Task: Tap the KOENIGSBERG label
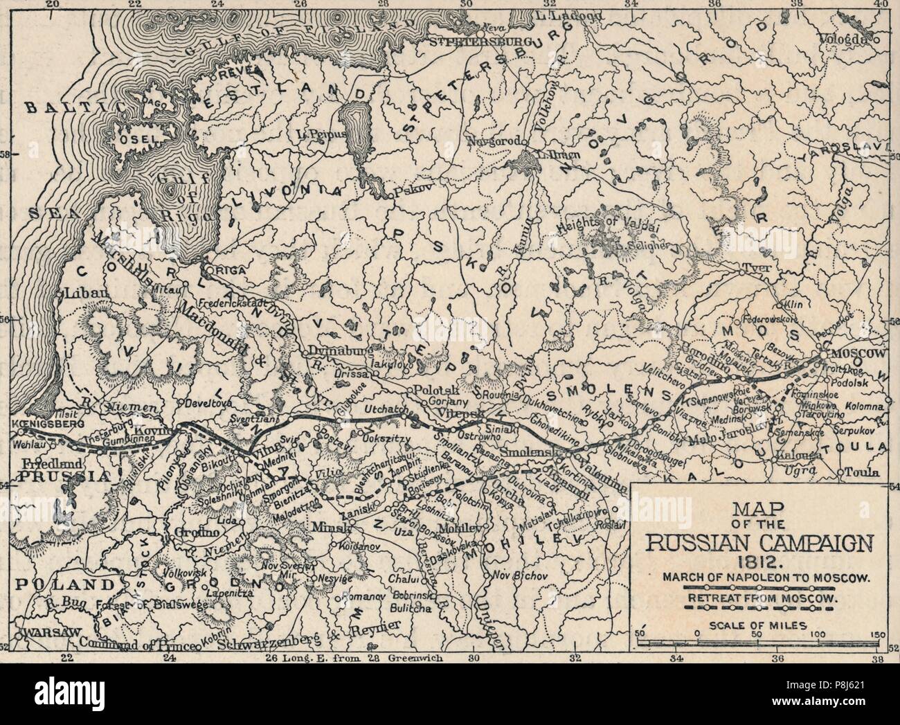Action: click(47, 422)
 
